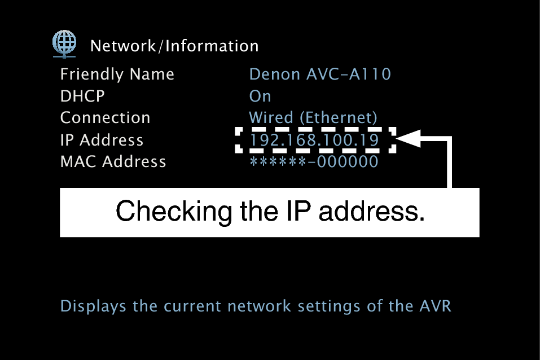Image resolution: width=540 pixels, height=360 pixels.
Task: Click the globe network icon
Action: pos(64,43)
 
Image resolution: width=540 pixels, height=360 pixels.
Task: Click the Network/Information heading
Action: pos(174,46)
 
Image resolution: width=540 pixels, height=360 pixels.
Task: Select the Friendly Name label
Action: pos(117,74)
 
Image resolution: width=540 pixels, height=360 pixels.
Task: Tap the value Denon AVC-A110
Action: pos(320,74)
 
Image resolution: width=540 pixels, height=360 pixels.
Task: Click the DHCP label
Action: pos(82,96)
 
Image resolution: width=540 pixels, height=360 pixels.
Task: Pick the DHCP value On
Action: pos(260,96)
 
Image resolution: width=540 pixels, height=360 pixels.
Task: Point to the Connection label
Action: pos(105,118)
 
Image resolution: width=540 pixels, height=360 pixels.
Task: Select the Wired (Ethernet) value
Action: pos(313,118)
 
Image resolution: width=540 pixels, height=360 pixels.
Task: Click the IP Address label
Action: pos(102,140)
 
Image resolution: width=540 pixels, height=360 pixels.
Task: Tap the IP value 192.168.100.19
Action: pos(314,140)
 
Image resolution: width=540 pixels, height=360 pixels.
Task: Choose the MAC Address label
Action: pos(113,162)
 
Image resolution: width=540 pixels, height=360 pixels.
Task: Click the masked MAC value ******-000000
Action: pos(313,162)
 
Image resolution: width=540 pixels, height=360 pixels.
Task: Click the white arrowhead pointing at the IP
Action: pos(410,139)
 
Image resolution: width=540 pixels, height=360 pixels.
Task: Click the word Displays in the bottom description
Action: pos(94,306)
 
